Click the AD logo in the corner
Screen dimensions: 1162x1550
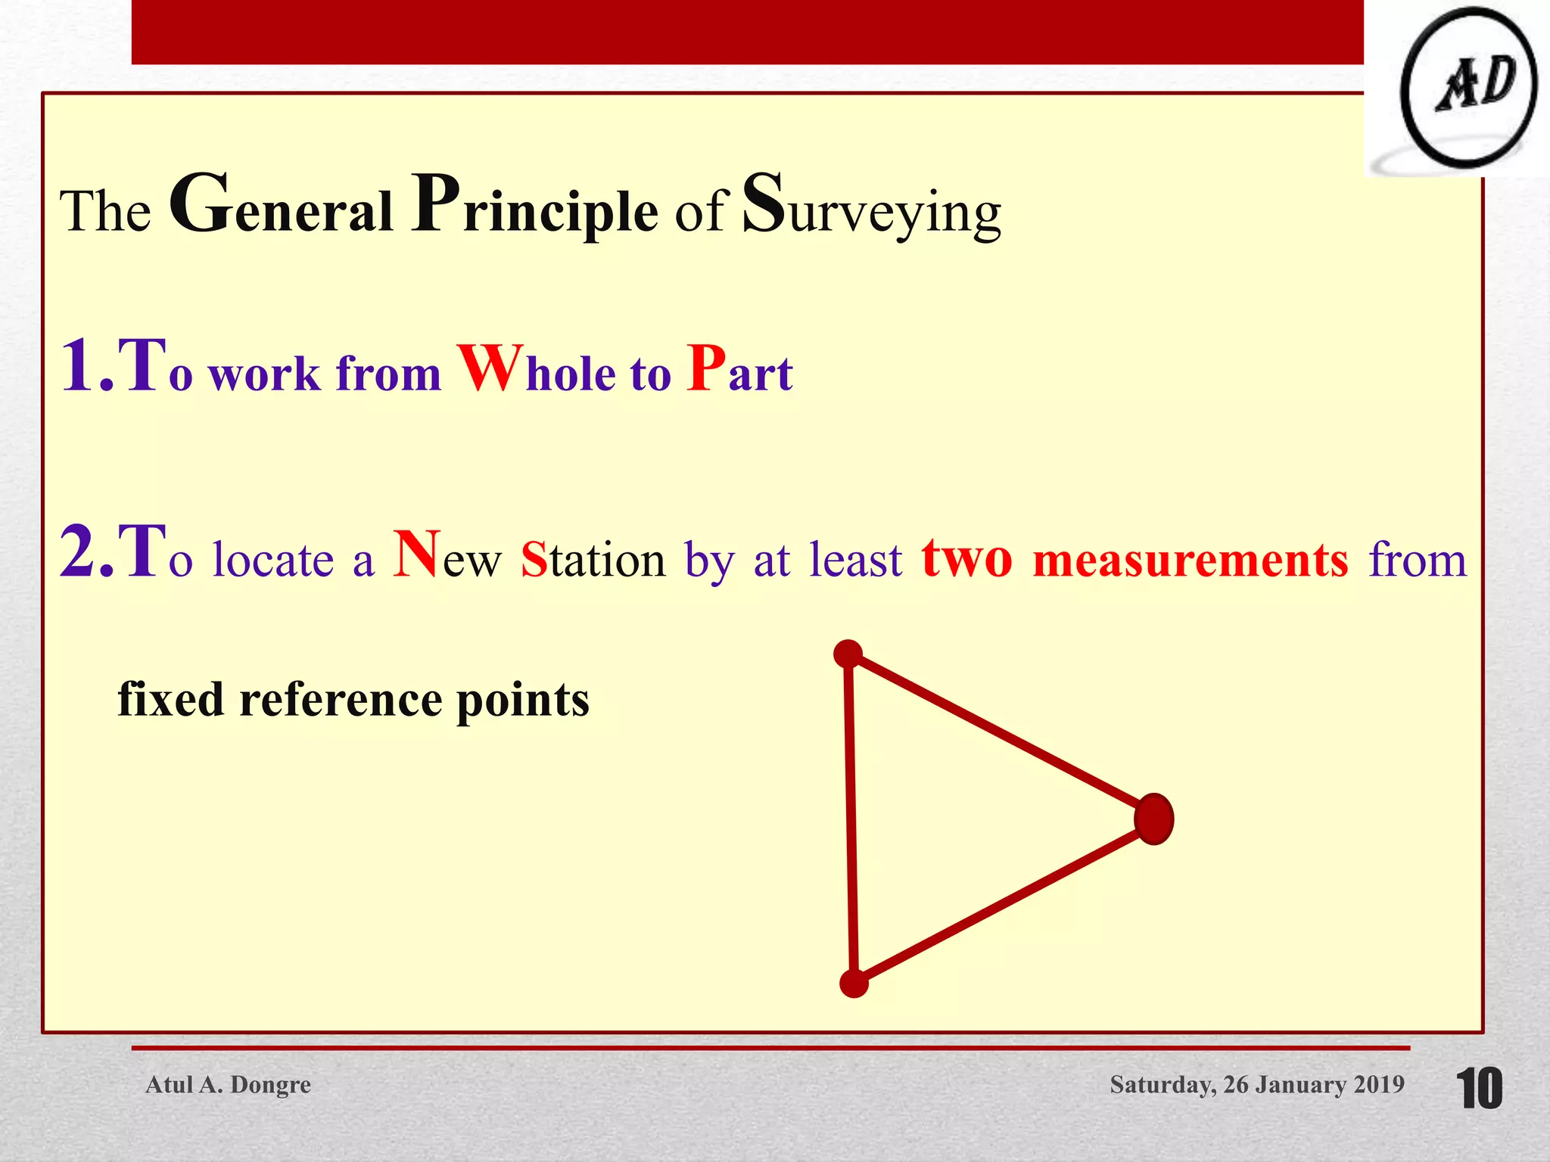[1468, 89]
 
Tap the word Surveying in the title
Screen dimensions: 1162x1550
[871, 207]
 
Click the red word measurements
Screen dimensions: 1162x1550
[1191, 560]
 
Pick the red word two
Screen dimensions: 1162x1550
[966, 558]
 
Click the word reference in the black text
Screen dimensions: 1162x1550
[341, 699]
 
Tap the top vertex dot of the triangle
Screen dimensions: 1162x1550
[848, 654]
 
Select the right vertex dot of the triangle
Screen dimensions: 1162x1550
[1154, 819]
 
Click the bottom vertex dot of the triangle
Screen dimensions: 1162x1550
[854, 983]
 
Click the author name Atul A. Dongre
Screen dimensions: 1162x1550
[228, 1085]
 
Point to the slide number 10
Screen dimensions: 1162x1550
[1479, 1089]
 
